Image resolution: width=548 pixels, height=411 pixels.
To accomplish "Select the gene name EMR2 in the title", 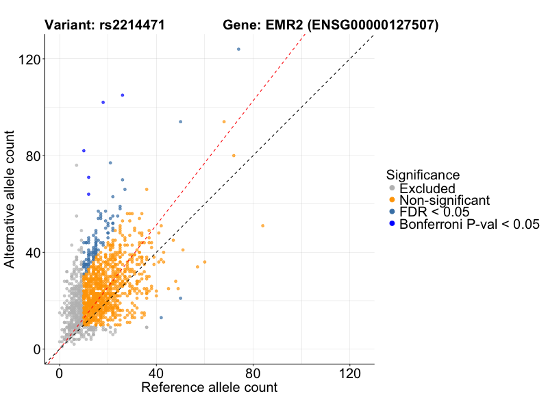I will (x=283, y=26).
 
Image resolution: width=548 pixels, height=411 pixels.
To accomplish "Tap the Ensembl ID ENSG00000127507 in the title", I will (x=373, y=26).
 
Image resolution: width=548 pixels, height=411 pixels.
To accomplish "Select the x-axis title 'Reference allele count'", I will (x=209, y=388).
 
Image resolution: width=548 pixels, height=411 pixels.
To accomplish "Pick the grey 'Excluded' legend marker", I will (x=392, y=188).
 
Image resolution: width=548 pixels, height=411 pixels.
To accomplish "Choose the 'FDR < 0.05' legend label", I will (x=434, y=212).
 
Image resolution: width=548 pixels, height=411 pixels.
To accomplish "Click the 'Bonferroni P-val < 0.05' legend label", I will (x=470, y=224).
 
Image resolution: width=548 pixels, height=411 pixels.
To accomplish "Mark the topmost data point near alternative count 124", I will (x=238, y=49).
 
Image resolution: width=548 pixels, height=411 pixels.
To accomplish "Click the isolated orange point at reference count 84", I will (x=262, y=225).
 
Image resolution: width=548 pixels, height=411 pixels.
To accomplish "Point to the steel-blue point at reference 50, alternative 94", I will (x=180, y=122).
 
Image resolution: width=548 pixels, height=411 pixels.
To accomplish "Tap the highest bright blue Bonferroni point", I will (x=123, y=95).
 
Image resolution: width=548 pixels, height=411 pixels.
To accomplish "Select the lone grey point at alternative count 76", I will (x=76, y=165).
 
